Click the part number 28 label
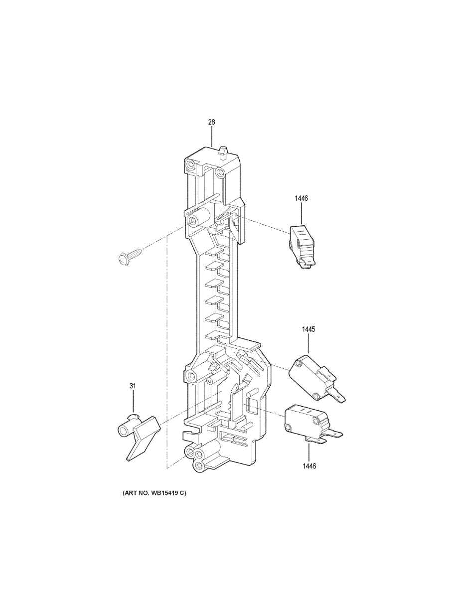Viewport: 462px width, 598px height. [211, 122]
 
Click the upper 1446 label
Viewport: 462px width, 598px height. [301, 198]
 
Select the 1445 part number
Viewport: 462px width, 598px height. [308, 329]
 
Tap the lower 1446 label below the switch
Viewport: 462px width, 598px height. [308, 466]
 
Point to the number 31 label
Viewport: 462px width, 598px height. [133, 386]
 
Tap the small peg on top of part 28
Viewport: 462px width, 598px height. [223, 150]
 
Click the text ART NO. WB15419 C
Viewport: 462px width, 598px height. [154, 493]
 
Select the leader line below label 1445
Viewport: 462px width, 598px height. [308, 345]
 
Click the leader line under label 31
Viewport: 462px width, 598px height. [133, 402]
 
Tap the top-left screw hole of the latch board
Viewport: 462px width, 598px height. [190, 165]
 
